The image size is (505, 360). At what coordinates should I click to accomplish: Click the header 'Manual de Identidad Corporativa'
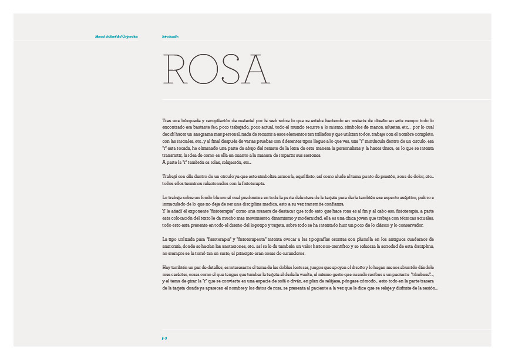[x=116, y=36]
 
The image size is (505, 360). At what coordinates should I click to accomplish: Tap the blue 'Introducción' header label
[x=170, y=36]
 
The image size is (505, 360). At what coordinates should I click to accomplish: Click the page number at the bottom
[x=165, y=339]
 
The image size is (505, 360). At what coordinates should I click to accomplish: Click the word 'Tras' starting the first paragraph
[x=167, y=120]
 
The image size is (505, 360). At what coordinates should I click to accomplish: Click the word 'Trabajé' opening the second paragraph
[x=170, y=176]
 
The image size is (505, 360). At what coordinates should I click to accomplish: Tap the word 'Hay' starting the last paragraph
[x=167, y=267]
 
